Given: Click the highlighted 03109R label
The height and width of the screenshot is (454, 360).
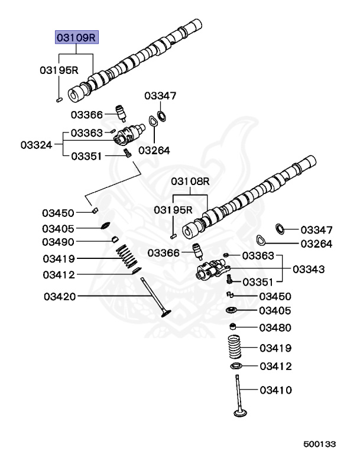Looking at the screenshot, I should tap(76, 38).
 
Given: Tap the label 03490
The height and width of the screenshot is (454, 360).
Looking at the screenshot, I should tap(58, 242).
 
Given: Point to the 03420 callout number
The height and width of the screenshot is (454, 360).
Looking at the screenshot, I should tap(59, 296).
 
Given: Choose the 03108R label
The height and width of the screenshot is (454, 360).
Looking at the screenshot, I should tap(190, 181).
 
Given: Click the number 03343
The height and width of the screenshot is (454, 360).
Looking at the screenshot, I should tap(308, 269).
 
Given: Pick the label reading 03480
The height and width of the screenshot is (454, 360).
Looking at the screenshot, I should tap(275, 327).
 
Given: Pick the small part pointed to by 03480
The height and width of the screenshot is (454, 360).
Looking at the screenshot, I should tap(234, 327).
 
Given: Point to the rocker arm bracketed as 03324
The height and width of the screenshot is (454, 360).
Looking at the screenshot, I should tap(127, 138).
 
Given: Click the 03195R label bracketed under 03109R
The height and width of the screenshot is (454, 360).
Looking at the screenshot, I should tap(59, 70).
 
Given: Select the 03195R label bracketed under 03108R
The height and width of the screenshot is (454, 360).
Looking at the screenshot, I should tap(173, 210).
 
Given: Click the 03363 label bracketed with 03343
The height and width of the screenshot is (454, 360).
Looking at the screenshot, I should tap(258, 255).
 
